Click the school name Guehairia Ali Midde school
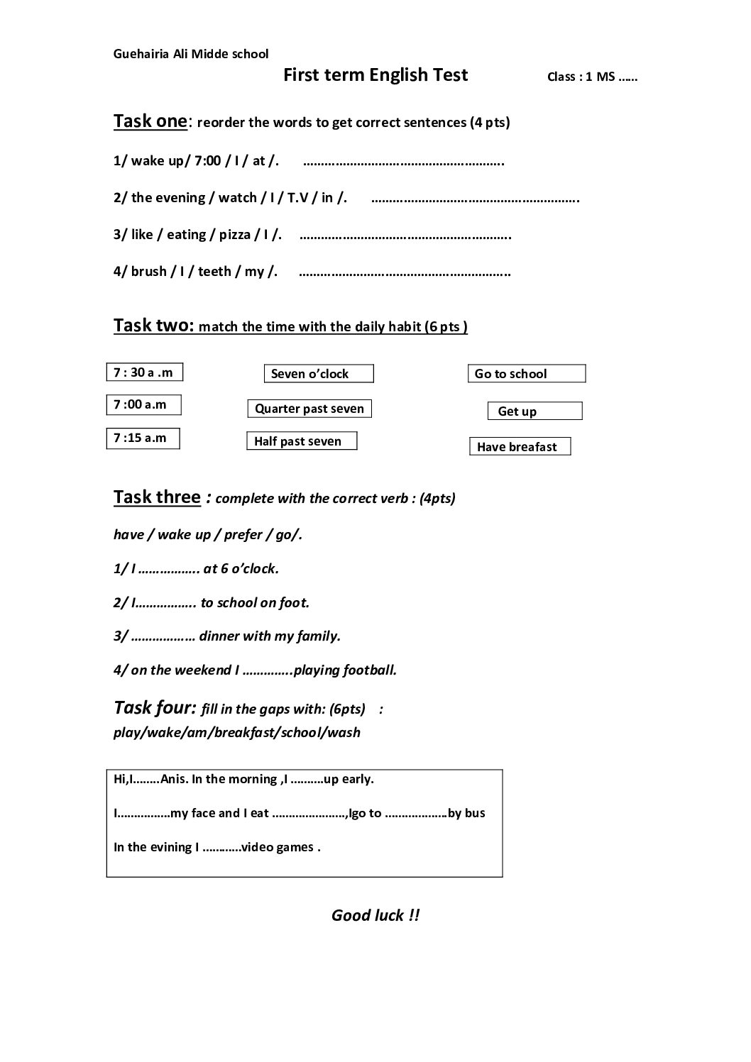tap(191, 54)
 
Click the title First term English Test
tap(375, 75)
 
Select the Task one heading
tap(150, 121)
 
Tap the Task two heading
tap(153, 326)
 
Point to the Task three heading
tap(157, 497)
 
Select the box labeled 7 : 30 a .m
tap(144, 372)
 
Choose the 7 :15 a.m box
tap(143, 438)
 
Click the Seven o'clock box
tap(319, 374)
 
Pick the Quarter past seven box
tap(309, 409)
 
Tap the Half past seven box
tap(302, 441)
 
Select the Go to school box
tap(526, 374)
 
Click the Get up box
tap(535, 411)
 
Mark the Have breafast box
tap(520, 447)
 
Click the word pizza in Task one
tap(234, 235)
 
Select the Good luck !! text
tap(375, 915)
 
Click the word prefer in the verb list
tap(243, 535)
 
